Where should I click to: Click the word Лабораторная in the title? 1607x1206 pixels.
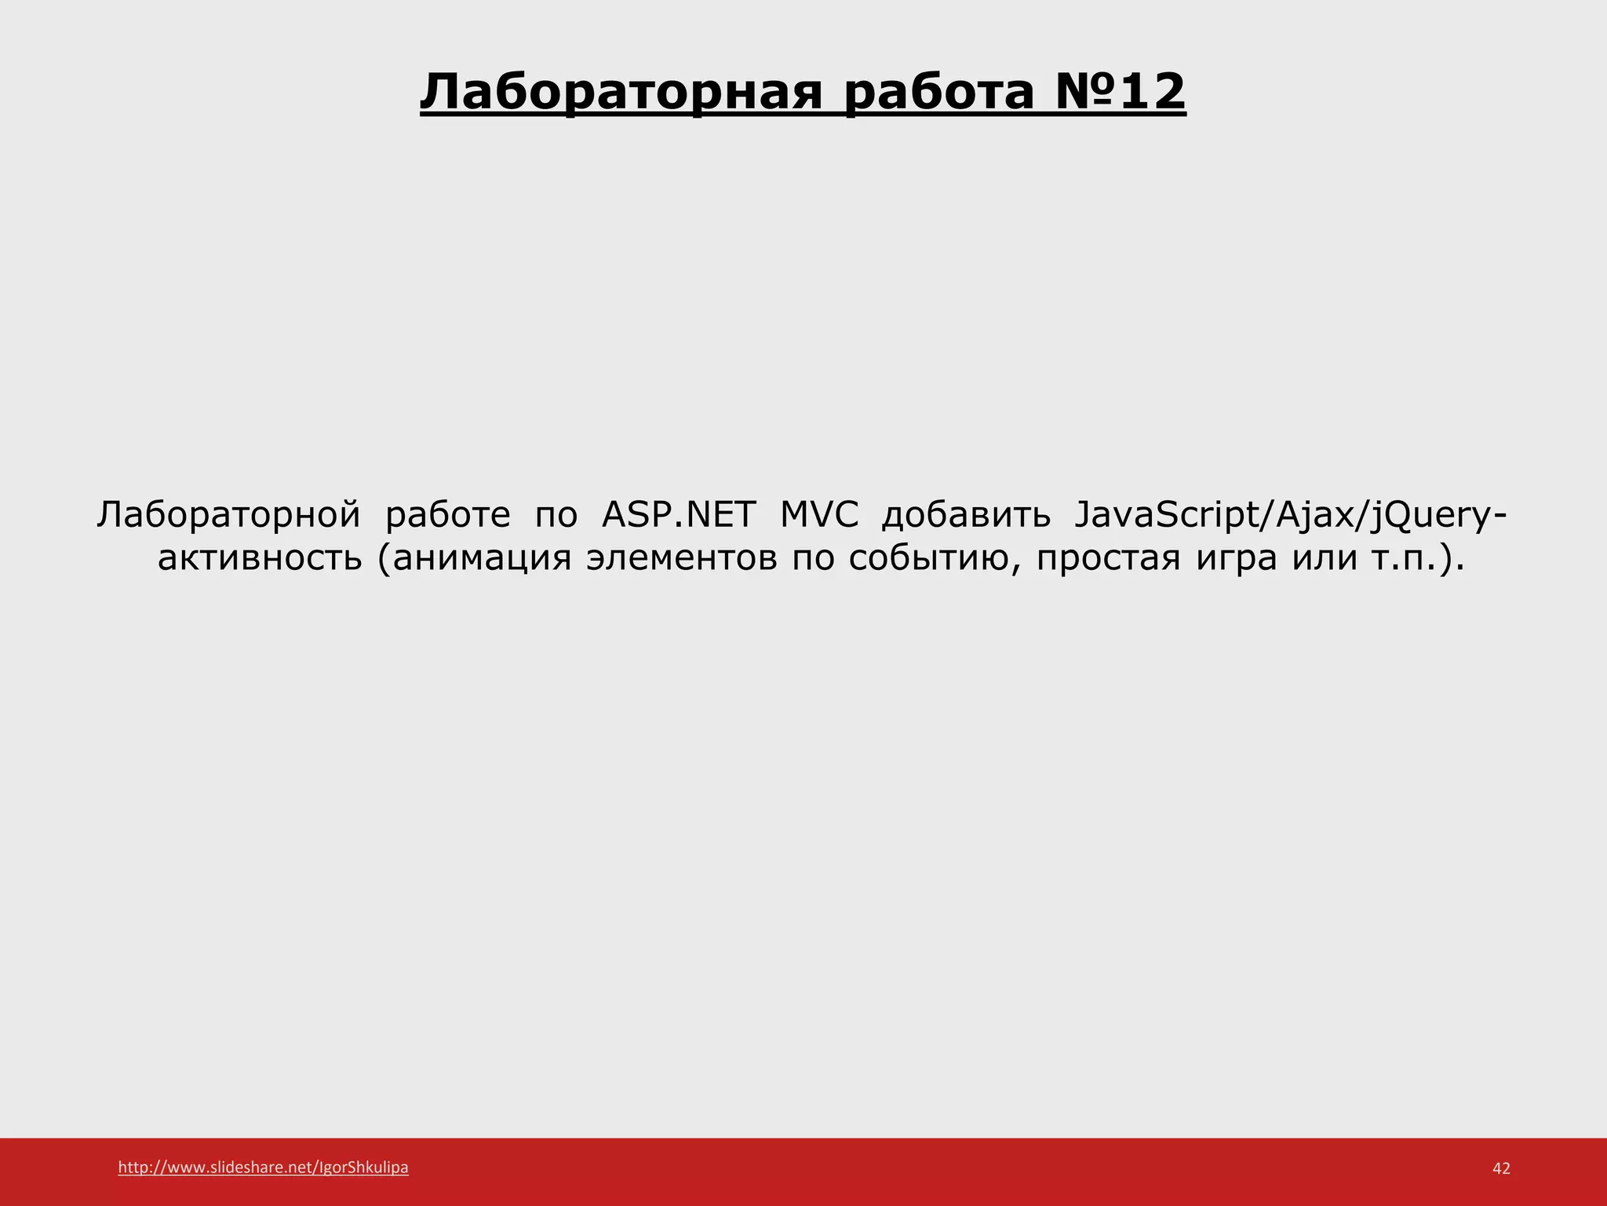point(621,93)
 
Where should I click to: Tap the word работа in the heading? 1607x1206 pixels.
point(940,93)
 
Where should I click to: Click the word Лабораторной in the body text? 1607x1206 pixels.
point(228,515)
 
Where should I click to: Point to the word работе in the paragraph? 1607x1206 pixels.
point(447,515)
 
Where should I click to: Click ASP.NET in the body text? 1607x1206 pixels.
point(679,515)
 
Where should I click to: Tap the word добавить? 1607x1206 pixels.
point(966,515)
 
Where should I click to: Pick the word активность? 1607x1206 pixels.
point(260,558)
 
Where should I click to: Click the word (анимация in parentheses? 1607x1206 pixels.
point(474,558)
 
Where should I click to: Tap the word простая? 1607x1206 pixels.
point(1108,558)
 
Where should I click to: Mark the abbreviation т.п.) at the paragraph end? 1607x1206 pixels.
point(1417,558)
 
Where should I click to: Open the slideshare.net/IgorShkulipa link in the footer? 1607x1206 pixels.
point(263,1168)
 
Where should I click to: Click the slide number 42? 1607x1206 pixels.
point(1500,1168)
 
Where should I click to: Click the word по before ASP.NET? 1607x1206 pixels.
point(556,515)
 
